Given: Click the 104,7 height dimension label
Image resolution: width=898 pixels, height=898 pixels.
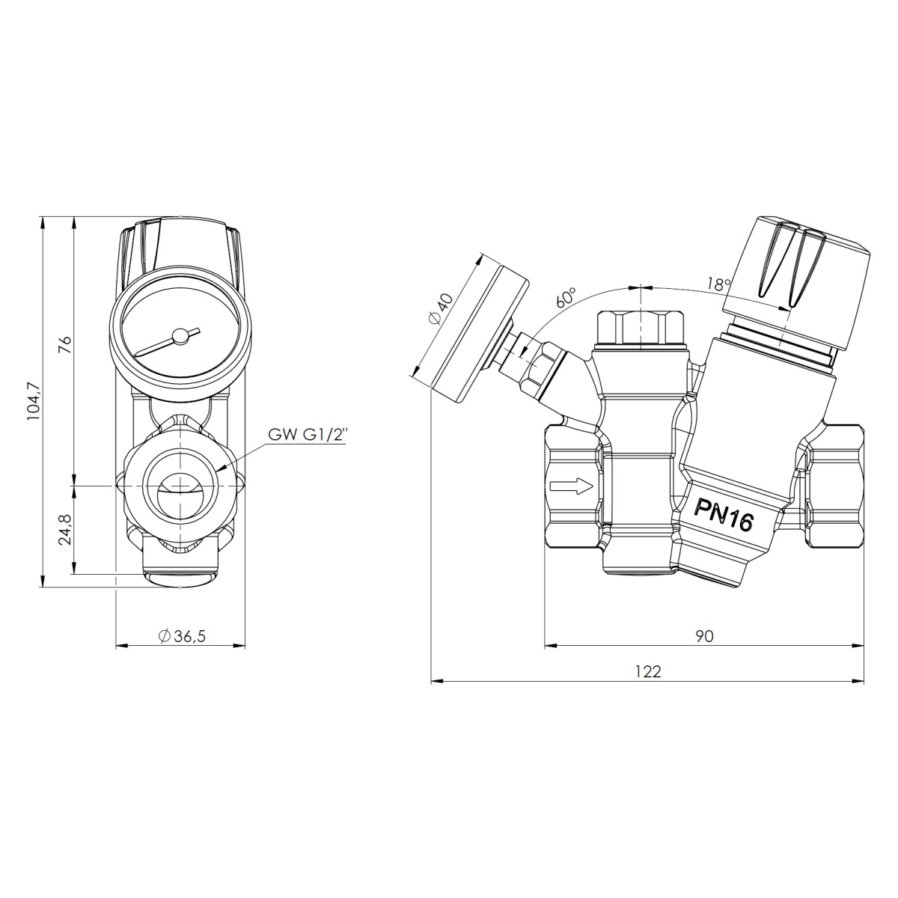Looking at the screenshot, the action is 35,401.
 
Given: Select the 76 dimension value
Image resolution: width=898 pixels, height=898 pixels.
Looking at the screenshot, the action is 66,345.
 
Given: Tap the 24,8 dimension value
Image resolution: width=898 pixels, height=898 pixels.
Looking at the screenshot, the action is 65,530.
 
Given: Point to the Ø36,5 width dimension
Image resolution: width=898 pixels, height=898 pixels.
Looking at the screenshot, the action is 182,636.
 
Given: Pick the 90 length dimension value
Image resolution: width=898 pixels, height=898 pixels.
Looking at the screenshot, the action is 705,636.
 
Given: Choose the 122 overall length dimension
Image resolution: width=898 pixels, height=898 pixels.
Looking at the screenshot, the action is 648,671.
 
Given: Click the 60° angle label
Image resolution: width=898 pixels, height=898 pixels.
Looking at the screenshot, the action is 566,297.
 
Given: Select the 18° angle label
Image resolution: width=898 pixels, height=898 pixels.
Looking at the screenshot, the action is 718,284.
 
